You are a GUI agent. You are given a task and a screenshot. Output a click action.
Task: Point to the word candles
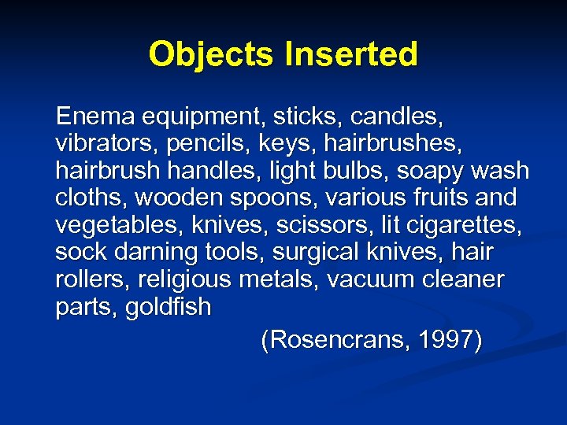(x=397, y=117)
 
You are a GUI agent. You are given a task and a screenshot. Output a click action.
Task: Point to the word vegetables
(x=119, y=226)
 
